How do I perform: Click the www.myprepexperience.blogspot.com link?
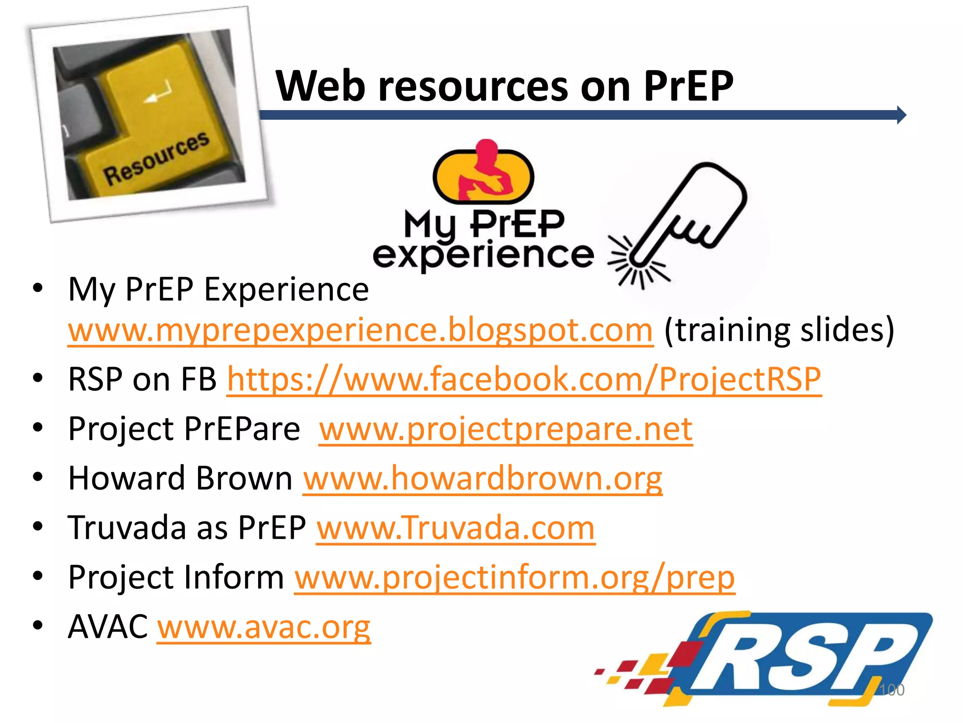click(x=360, y=330)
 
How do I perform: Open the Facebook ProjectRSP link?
click(x=524, y=379)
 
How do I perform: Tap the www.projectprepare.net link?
click(x=505, y=429)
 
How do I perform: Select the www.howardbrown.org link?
click(x=482, y=478)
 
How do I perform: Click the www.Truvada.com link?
click(x=456, y=528)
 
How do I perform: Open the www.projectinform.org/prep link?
click(x=514, y=578)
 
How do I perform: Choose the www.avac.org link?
click(x=264, y=627)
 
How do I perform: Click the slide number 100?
click(x=892, y=690)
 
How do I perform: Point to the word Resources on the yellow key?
click(x=156, y=158)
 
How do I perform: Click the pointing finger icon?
click(x=682, y=221)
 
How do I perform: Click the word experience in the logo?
click(x=483, y=255)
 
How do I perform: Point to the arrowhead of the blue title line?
click(x=901, y=115)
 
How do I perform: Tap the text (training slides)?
click(x=779, y=330)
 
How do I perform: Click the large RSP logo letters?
click(x=795, y=661)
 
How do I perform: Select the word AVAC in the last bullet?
click(x=108, y=627)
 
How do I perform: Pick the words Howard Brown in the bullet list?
click(x=181, y=478)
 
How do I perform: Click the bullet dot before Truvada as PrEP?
click(x=38, y=526)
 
